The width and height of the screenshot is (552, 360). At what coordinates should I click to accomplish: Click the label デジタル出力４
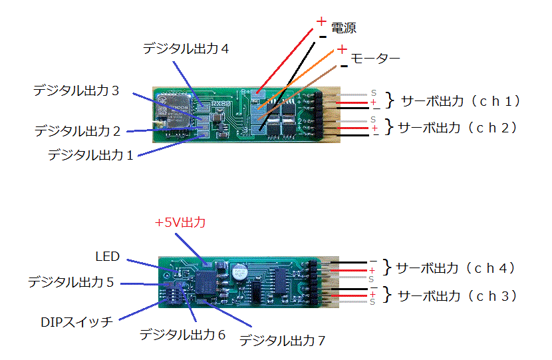(x=186, y=49)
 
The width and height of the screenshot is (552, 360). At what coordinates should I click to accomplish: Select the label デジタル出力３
(x=76, y=90)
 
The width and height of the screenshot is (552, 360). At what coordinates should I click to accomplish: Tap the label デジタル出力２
(x=77, y=131)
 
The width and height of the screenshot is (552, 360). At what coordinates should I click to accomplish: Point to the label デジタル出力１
(x=90, y=155)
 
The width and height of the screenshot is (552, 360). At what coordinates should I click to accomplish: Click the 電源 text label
(x=343, y=28)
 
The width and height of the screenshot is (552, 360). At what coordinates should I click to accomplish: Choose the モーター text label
(x=375, y=59)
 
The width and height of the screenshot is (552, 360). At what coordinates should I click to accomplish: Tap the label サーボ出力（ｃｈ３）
(x=457, y=296)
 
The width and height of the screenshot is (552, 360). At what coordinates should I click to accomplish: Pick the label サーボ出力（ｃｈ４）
(x=456, y=269)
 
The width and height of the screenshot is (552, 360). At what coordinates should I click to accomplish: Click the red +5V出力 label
(x=180, y=223)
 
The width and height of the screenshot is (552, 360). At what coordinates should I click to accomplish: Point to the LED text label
(x=107, y=257)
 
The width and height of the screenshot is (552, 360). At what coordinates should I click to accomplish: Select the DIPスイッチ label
(x=78, y=322)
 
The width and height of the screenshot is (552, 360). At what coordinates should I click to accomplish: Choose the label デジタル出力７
(x=282, y=341)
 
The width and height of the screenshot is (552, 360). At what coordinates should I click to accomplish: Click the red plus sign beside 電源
(x=321, y=21)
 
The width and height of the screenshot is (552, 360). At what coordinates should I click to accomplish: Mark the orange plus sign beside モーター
(x=341, y=49)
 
